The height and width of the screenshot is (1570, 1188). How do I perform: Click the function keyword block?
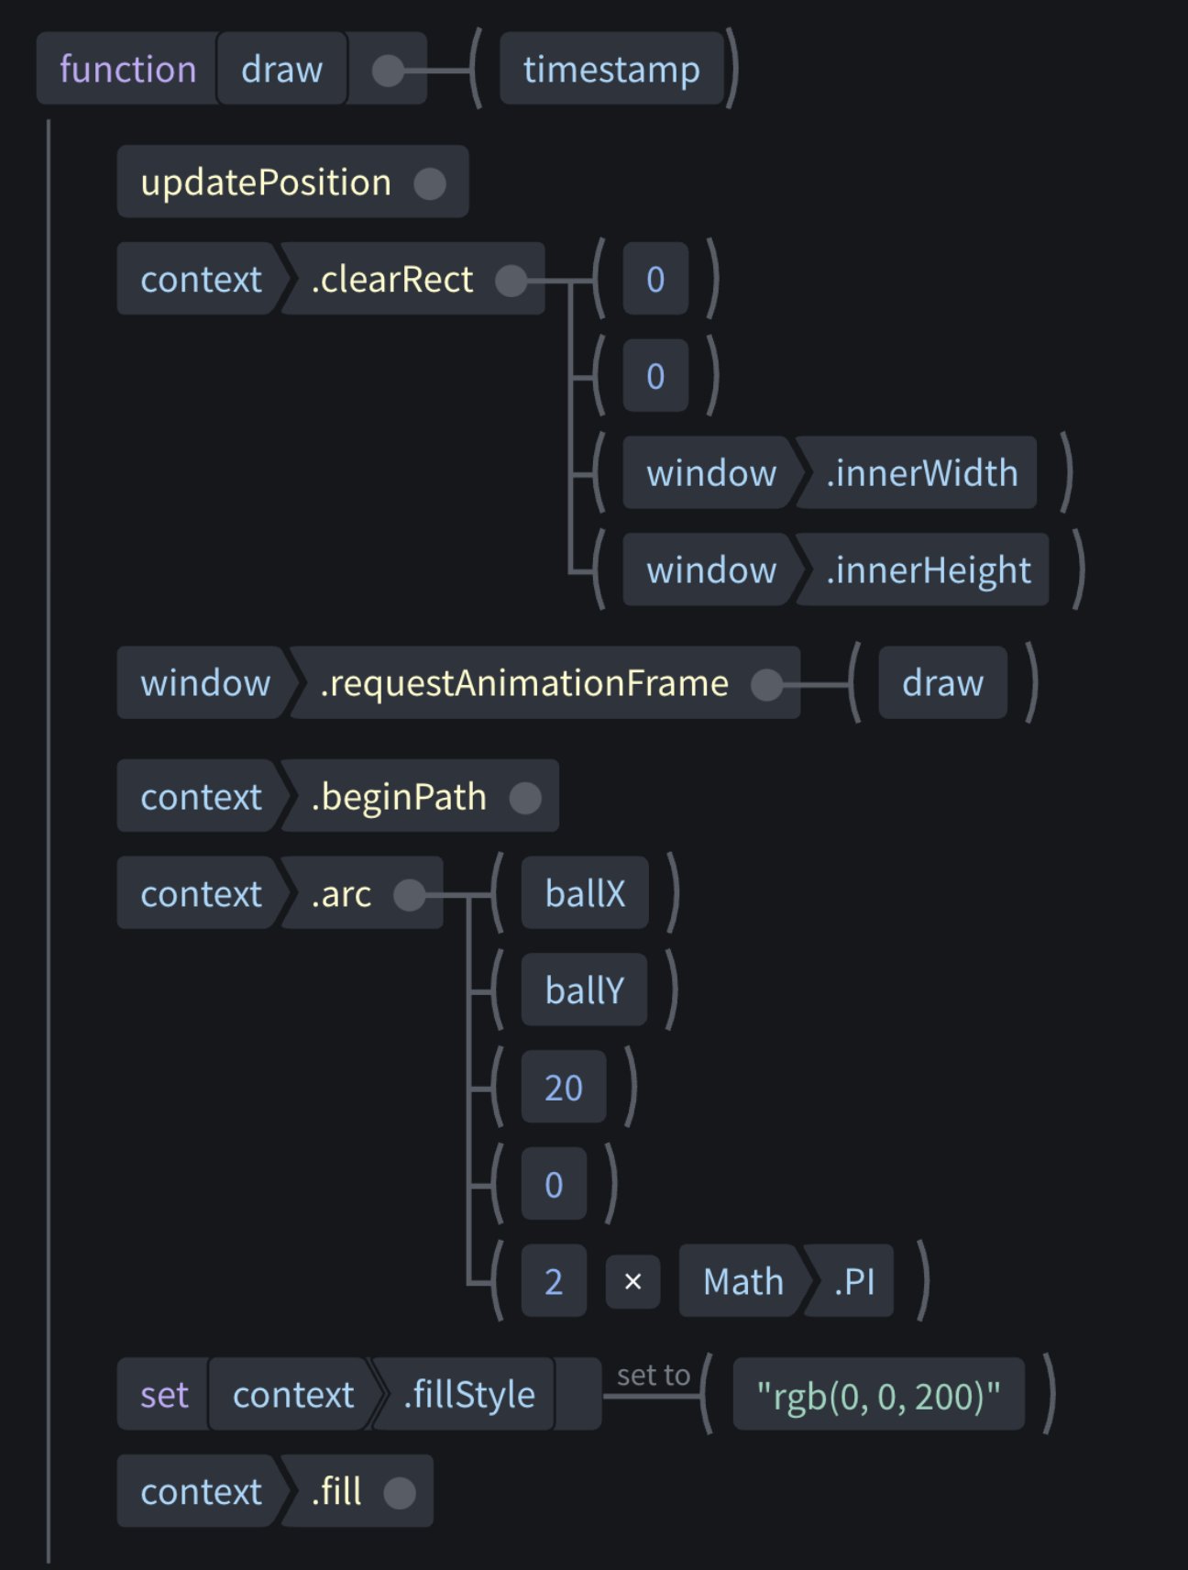tap(127, 70)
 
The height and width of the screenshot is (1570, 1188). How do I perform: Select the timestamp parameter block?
tap(611, 70)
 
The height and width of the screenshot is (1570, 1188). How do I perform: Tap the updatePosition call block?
tap(266, 182)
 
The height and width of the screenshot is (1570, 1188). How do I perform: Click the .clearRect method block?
tap(392, 280)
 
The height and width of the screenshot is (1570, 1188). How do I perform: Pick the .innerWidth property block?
tap(921, 473)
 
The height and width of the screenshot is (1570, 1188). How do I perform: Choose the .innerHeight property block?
tap(928, 570)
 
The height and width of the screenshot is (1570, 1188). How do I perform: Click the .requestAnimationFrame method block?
tap(524, 683)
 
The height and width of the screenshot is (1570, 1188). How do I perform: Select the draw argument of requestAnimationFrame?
tap(942, 683)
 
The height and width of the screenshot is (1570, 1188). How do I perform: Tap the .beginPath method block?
tap(399, 797)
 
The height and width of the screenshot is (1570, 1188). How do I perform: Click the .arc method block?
tap(341, 894)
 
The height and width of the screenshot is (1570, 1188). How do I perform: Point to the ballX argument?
tap(585, 894)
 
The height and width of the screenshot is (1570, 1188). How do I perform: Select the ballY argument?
tap(584, 990)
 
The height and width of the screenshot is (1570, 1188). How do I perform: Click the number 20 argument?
tap(564, 1088)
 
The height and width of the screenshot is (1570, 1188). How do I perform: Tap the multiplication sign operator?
tap(632, 1281)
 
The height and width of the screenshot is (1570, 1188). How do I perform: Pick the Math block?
tap(742, 1281)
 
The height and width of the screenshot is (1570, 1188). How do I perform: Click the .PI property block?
tap(853, 1281)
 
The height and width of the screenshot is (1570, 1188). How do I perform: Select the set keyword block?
tap(164, 1395)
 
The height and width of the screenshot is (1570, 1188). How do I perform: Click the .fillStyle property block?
tap(468, 1395)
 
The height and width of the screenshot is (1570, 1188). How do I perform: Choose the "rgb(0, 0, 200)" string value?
tap(878, 1395)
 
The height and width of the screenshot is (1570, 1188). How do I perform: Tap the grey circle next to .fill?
tap(400, 1492)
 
